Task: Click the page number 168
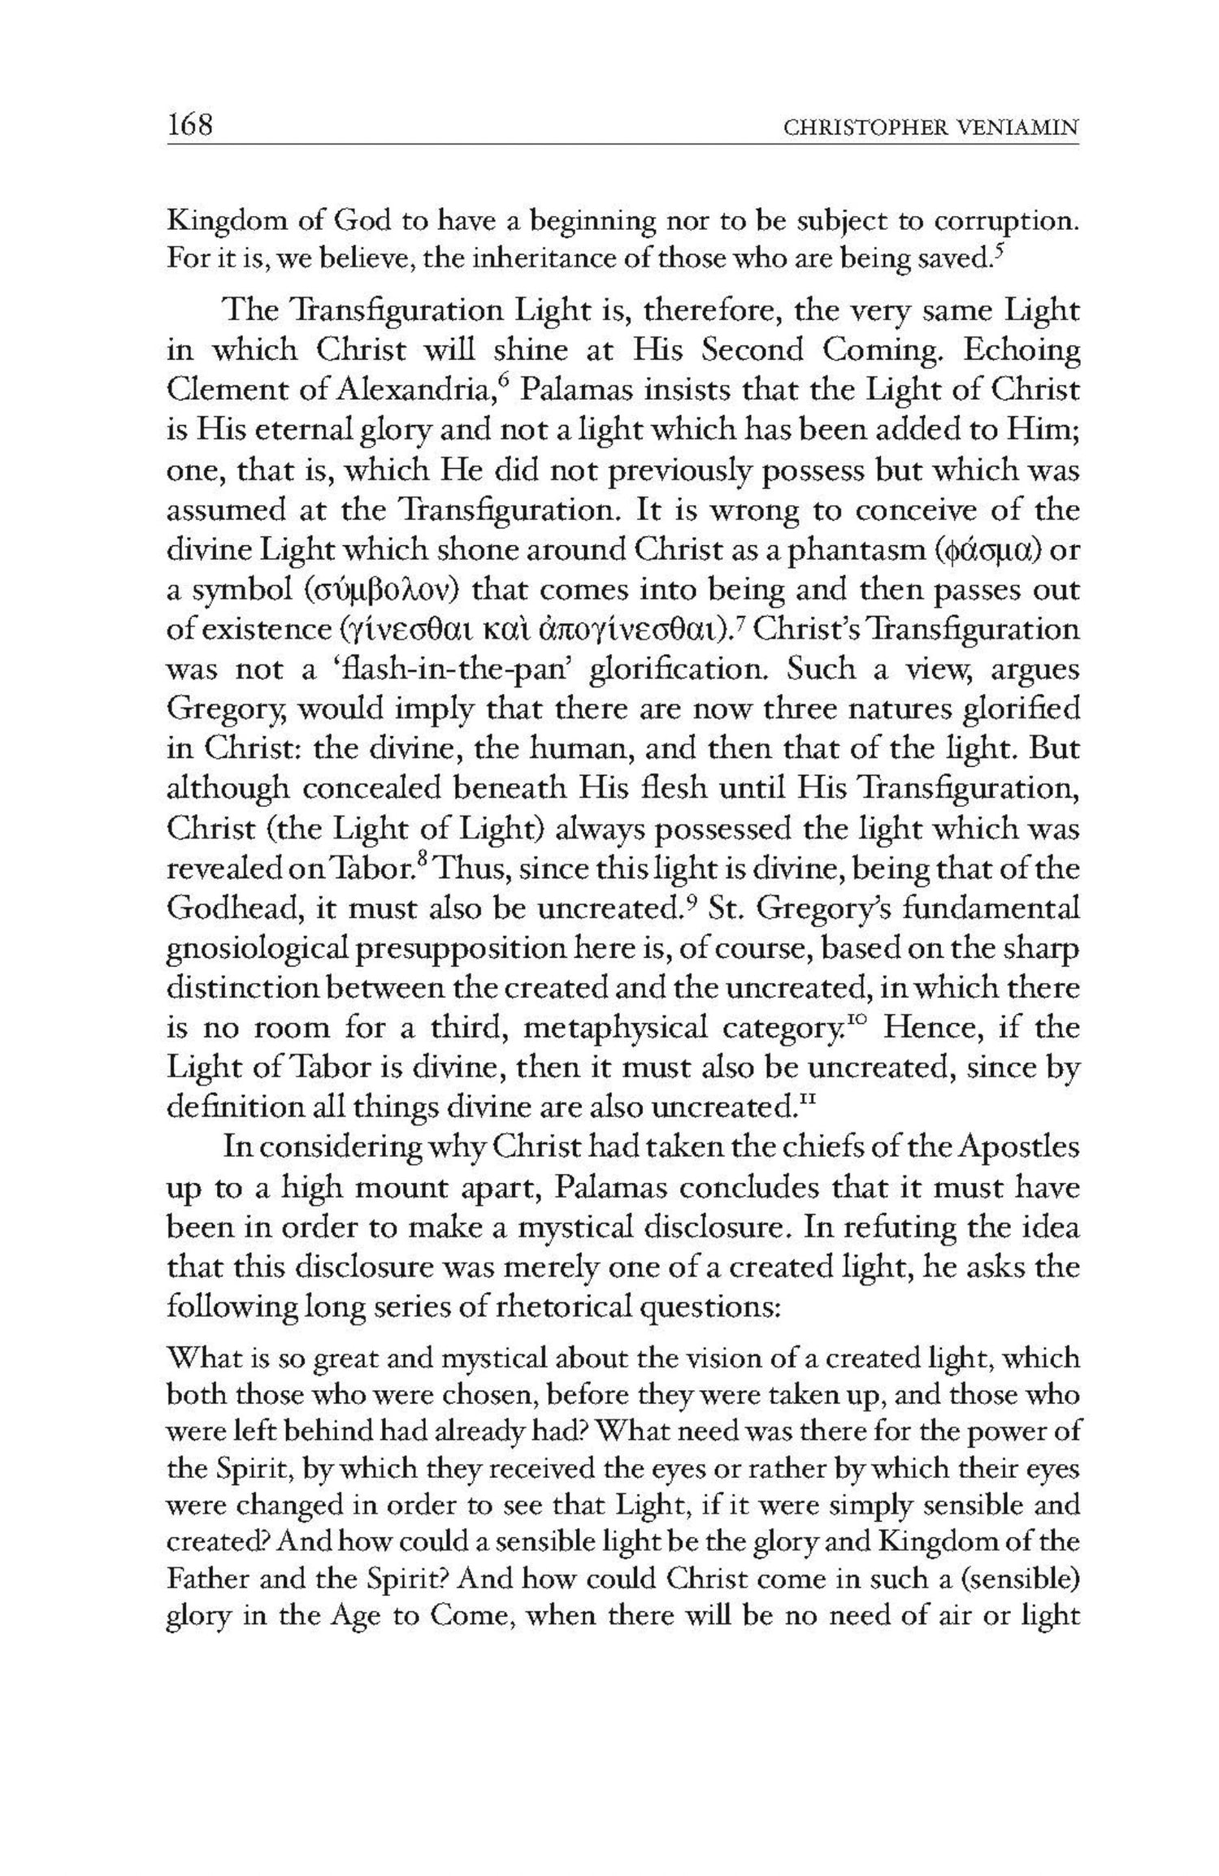click(189, 125)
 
